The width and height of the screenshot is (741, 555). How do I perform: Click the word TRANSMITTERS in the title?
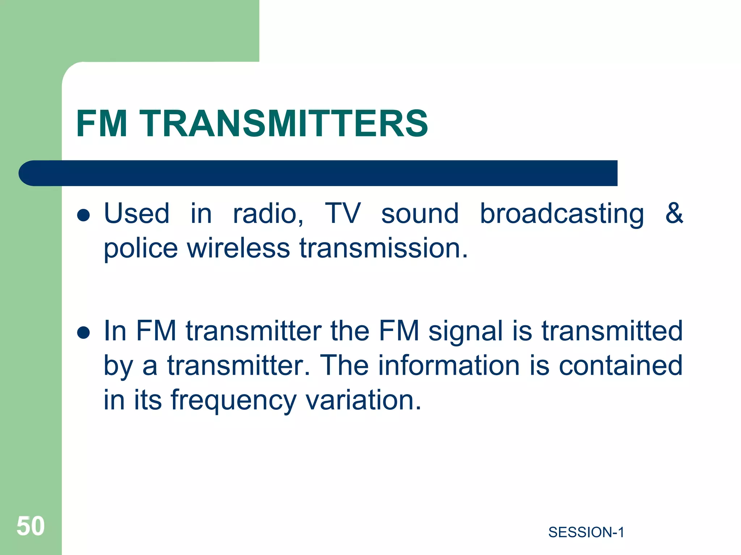pos(284,124)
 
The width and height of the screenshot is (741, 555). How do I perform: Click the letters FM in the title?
pos(102,124)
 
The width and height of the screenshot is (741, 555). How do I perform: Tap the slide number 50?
pos(31,526)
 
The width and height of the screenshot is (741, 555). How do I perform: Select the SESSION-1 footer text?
pos(586,533)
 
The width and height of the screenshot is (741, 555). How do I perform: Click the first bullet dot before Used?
pos(84,215)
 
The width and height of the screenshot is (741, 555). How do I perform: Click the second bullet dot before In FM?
pos(84,332)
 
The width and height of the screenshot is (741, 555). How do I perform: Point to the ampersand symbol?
pos(674,213)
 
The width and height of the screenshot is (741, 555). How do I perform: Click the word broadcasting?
pos(562,215)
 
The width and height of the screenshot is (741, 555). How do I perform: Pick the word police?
pos(141,249)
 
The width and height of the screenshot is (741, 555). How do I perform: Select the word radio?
pos(268,214)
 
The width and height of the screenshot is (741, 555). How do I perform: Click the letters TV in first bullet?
pos(342,213)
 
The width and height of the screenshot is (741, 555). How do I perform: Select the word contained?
pos(621,366)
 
